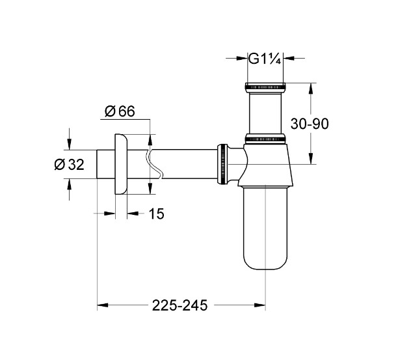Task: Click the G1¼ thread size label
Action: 266,59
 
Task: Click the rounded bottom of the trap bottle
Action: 266,260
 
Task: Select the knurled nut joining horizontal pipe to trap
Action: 223,165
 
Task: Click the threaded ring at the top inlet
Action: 266,85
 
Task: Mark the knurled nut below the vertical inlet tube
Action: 266,138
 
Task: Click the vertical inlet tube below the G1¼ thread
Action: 266,111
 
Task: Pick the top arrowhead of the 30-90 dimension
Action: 312,88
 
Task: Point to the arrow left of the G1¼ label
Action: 241,59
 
